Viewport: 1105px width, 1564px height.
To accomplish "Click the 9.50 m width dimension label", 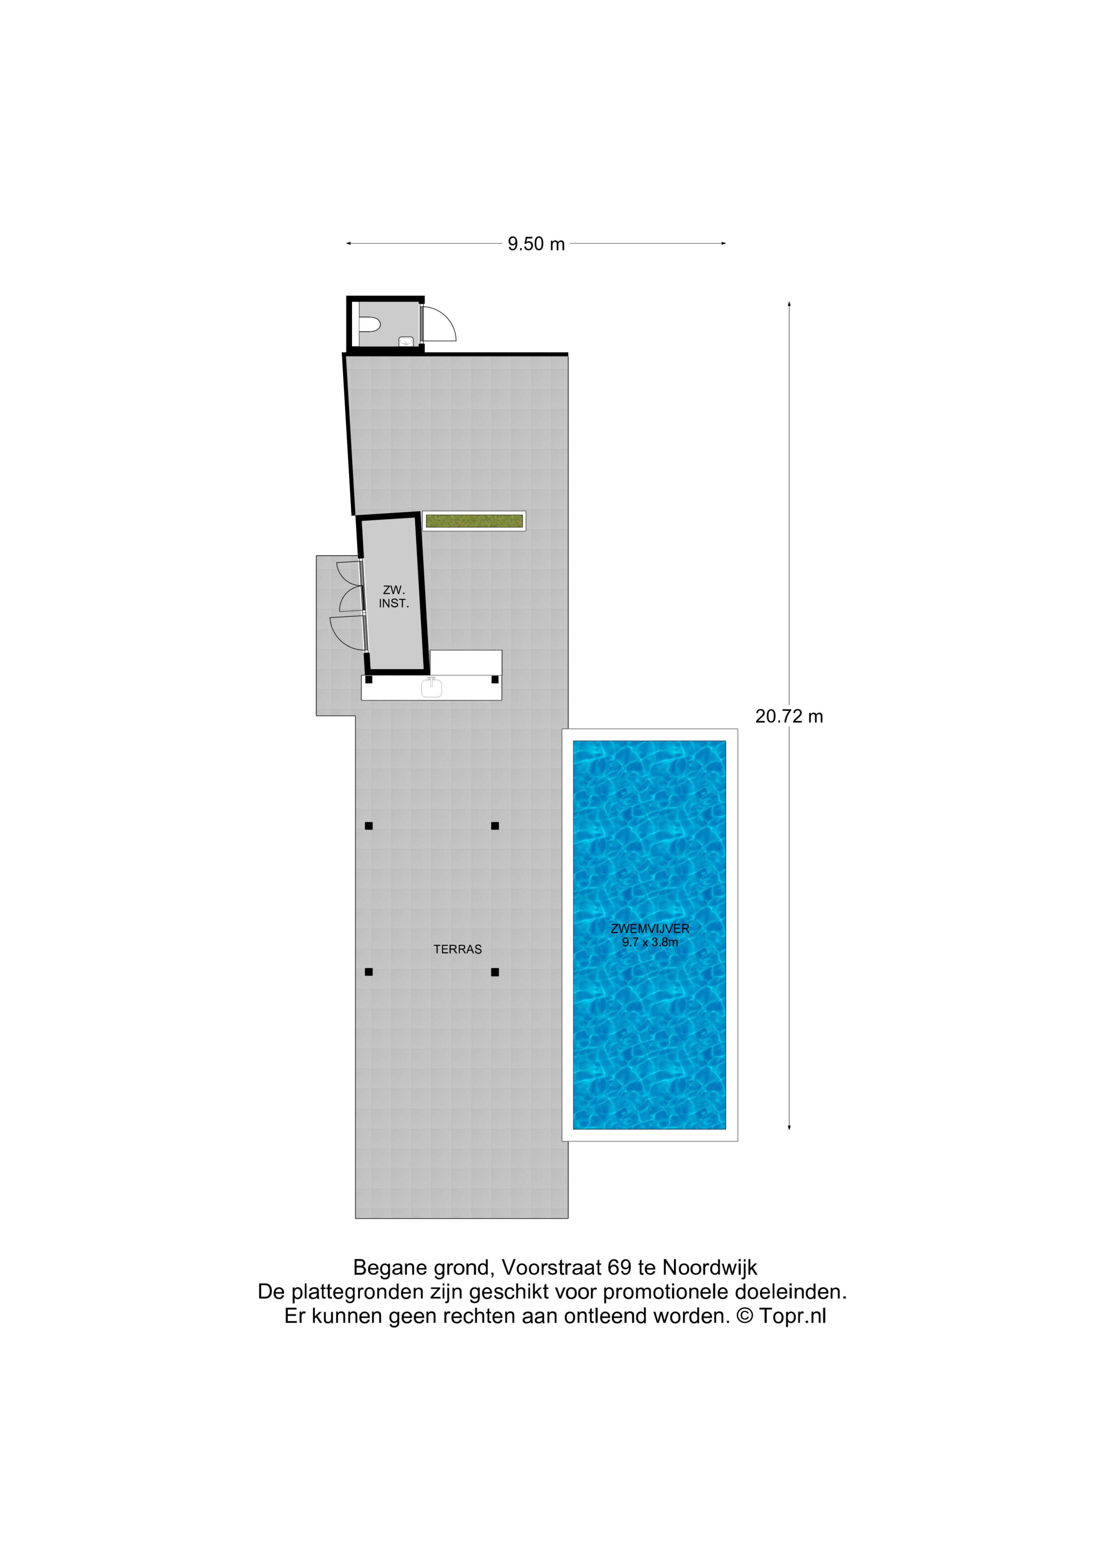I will (536, 244).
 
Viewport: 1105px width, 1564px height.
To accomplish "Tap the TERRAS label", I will (457, 949).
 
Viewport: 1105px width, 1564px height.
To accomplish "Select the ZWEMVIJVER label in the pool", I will (650, 929).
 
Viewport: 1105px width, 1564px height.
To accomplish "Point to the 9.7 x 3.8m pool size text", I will (650, 942).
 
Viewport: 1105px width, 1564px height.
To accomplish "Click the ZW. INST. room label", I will (394, 597).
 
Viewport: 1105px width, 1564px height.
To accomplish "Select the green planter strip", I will (474, 521).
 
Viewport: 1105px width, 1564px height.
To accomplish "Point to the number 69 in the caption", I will (619, 1267).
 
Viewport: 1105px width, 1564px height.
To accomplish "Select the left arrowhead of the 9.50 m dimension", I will (348, 243).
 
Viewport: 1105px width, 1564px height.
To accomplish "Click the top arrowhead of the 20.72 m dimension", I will (789, 304).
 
